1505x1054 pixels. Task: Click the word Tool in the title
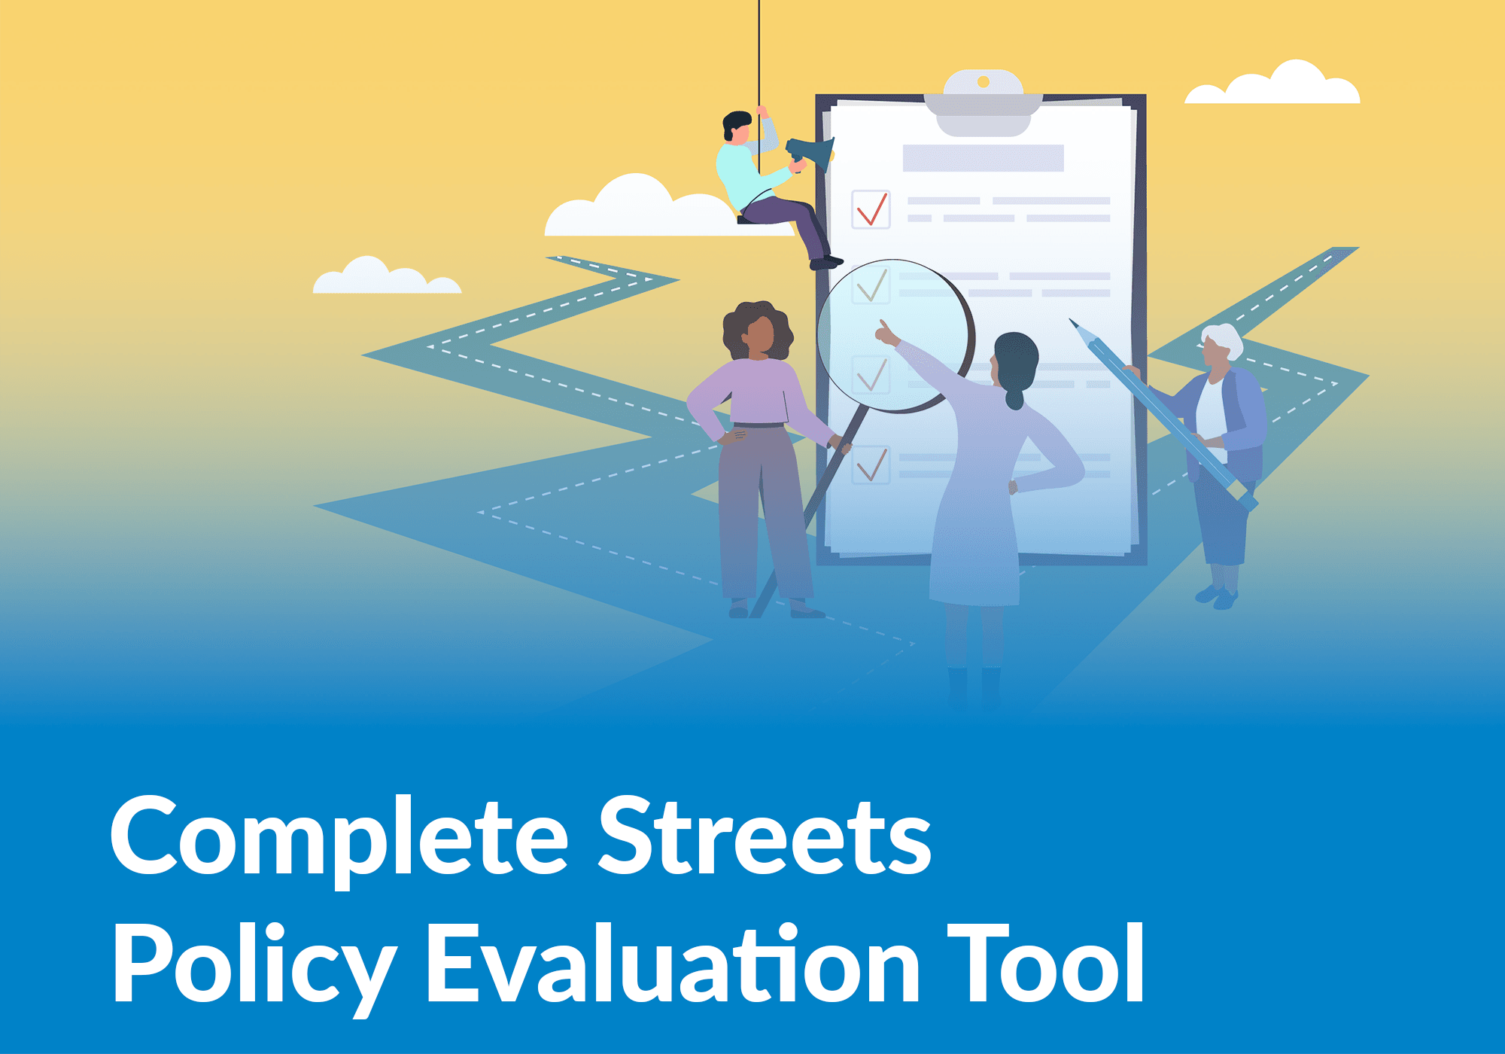(x=1046, y=964)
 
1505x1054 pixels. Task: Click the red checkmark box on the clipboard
(x=871, y=209)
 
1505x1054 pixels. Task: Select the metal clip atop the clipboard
(x=983, y=102)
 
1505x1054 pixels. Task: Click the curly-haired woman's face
(x=760, y=335)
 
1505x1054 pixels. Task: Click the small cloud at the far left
(x=385, y=279)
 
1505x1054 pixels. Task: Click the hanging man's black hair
(x=736, y=122)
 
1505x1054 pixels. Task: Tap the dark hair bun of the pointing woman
(x=1014, y=395)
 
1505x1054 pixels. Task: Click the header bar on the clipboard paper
(x=983, y=158)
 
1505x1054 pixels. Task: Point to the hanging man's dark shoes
(x=825, y=263)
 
